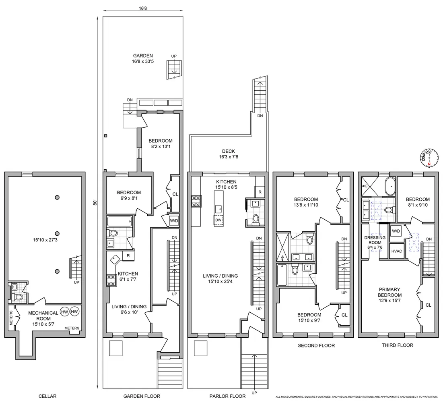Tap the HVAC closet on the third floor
click(x=397, y=251)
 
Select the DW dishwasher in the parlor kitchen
click(x=218, y=220)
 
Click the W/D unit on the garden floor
click(x=174, y=221)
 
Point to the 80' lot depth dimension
click(x=95, y=203)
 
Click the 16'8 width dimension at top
click(x=143, y=8)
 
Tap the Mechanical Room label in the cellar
click(x=43, y=318)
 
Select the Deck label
click(x=229, y=154)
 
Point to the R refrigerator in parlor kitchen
click(x=260, y=192)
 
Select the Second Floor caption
click(x=316, y=345)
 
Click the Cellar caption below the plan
click(x=47, y=396)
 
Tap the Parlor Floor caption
click(x=227, y=396)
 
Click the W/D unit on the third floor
click(x=396, y=231)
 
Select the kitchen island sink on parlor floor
click(x=218, y=209)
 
